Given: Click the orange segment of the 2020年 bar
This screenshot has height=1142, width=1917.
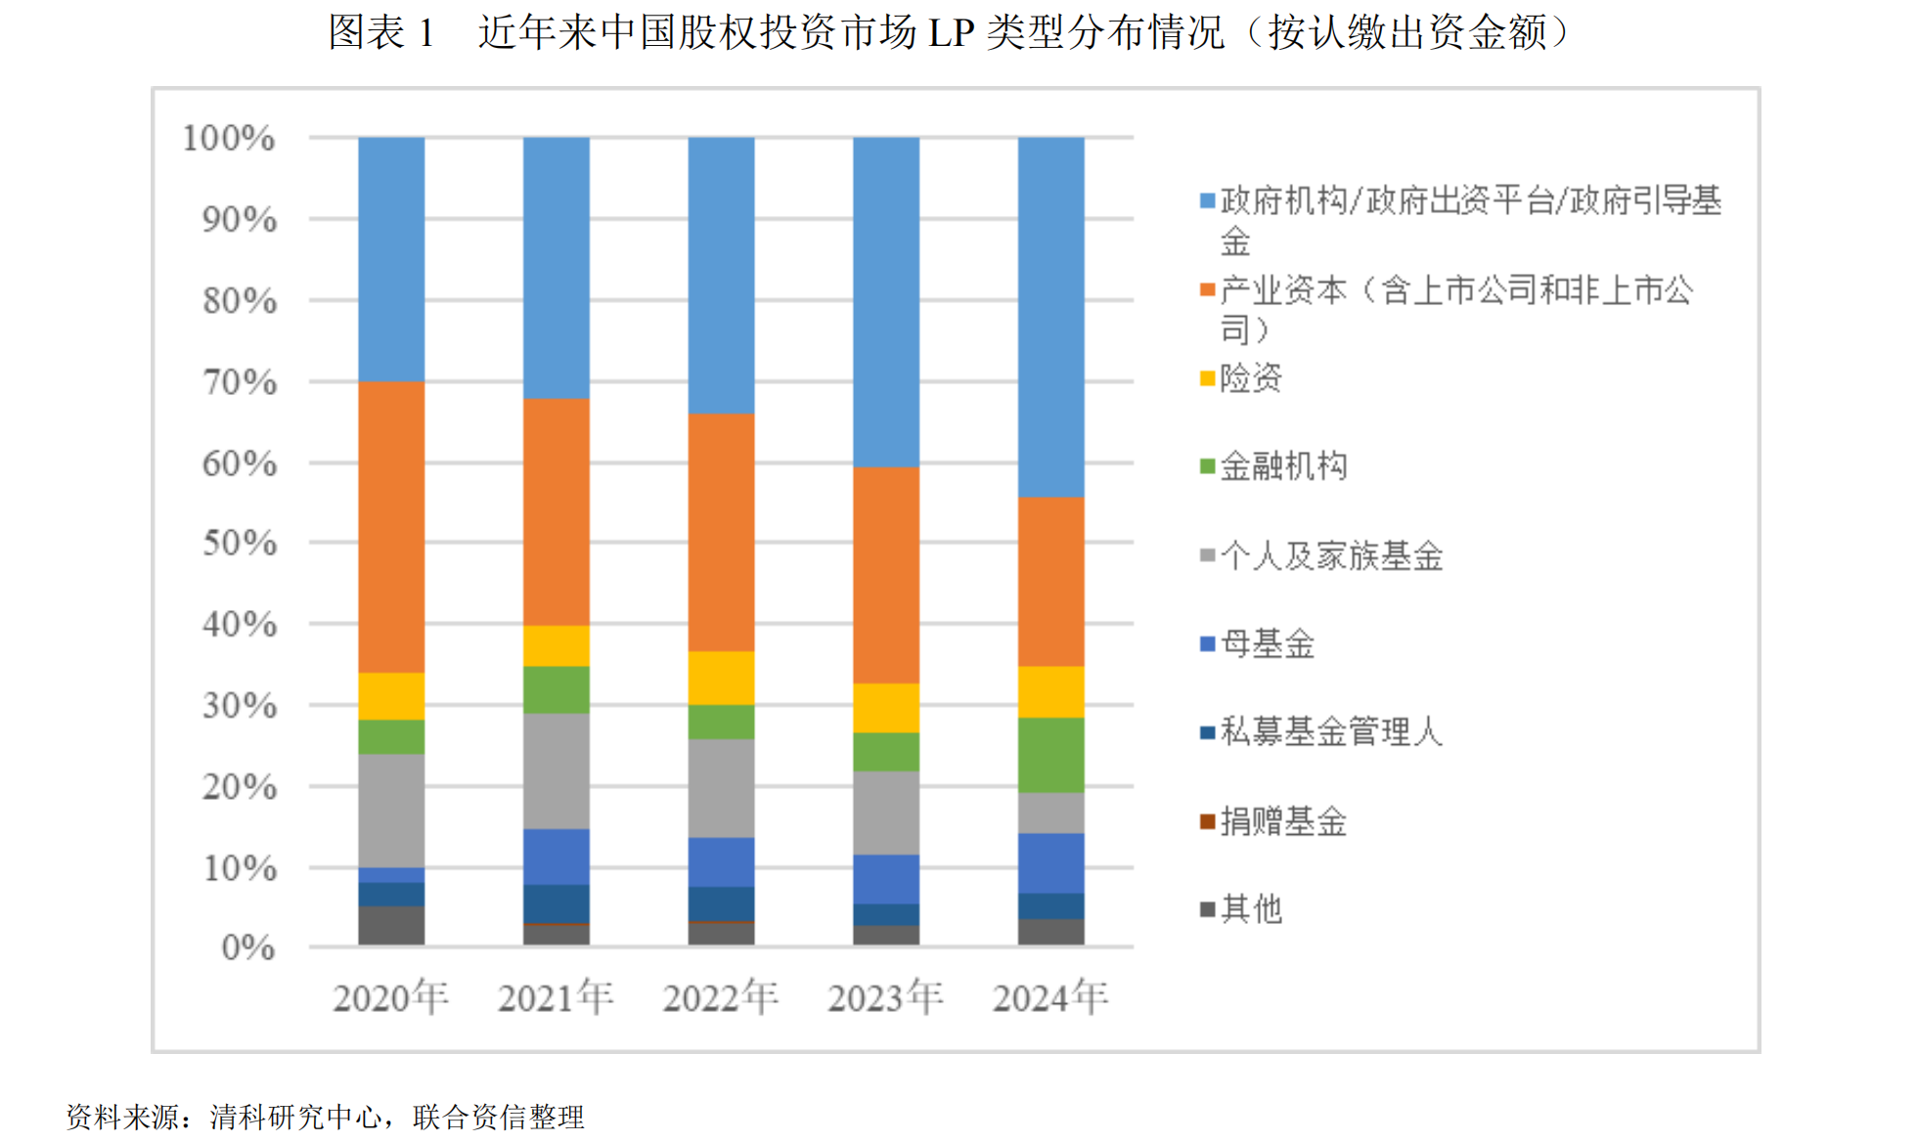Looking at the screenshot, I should pos(391,526).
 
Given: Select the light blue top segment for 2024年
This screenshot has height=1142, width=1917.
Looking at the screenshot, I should pos(1050,317).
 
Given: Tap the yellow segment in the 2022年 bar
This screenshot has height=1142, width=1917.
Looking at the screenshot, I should pos(721,678).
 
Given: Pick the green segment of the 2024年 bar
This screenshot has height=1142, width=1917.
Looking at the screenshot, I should pos(1050,755).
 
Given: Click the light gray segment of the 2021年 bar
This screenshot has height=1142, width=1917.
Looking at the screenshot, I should pos(556,770).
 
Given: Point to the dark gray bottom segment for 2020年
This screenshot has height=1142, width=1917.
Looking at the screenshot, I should pos(391,925).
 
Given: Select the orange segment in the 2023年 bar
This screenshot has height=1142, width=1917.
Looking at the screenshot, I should pos(886,575).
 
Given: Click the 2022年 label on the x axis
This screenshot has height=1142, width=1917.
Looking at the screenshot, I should pos(721,997).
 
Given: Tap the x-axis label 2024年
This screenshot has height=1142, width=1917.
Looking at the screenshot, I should pos(1050,997).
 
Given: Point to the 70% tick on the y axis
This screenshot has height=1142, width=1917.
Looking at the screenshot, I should pos(240,382).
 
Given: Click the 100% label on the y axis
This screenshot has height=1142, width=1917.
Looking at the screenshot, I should pos(229,139).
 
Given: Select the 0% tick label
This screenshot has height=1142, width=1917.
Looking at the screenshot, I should pos(248,947).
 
